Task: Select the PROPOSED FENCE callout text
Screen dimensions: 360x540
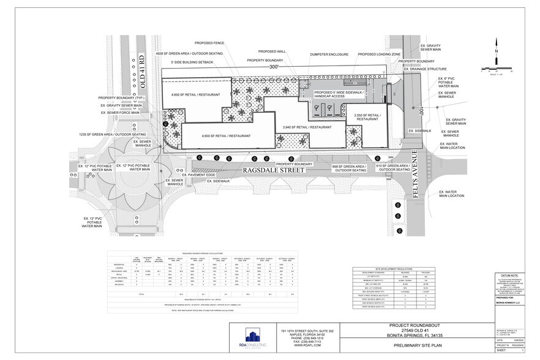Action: [209, 43]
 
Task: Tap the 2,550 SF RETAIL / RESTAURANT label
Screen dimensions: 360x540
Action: [367, 117]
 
